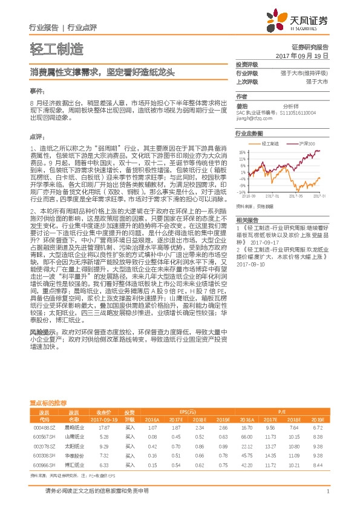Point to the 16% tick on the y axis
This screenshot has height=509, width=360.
point(241,152)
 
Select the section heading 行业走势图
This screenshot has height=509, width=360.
point(249,132)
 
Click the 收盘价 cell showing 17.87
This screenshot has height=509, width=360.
point(103,427)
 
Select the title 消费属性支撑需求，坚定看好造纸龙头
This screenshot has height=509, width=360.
point(102,73)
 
